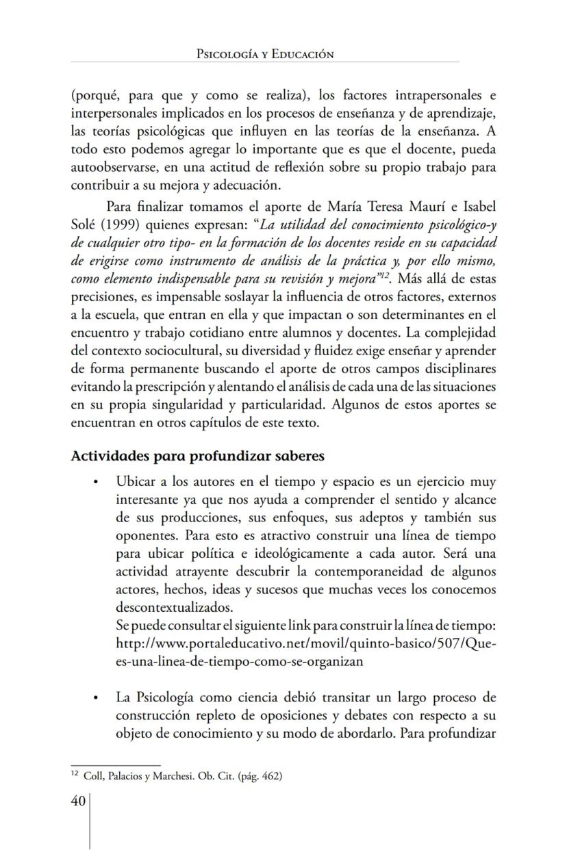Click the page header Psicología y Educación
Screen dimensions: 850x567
click(264, 54)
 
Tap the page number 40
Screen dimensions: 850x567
click(77, 801)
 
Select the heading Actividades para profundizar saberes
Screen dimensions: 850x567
click(197, 456)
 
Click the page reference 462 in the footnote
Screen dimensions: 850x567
click(270, 776)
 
